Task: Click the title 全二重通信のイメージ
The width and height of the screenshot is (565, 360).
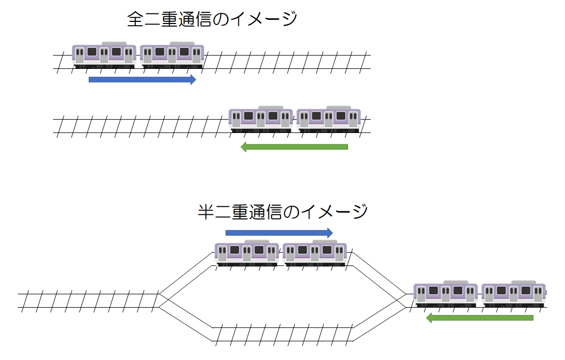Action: [x=212, y=20]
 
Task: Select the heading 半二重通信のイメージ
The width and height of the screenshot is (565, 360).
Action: [x=283, y=212]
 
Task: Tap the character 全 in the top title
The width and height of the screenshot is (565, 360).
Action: [x=135, y=20]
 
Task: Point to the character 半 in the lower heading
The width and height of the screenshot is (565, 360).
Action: [x=206, y=212]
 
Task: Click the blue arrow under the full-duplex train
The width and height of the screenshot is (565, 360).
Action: [x=142, y=80]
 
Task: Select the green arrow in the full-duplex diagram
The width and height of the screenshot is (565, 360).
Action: [x=294, y=147]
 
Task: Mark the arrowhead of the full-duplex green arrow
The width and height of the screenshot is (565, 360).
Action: [x=243, y=147]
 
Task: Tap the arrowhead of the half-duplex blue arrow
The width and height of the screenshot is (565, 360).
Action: [x=329, y=232]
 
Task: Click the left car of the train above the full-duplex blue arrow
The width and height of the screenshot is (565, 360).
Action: [x=104, y=55]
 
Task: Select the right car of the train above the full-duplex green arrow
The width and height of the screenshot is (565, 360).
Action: [x=329, y=119]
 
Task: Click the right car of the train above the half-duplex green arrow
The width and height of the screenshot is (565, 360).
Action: [x=514, y=294]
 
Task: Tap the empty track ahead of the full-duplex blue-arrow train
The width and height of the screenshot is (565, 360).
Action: [x=289, y=61]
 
